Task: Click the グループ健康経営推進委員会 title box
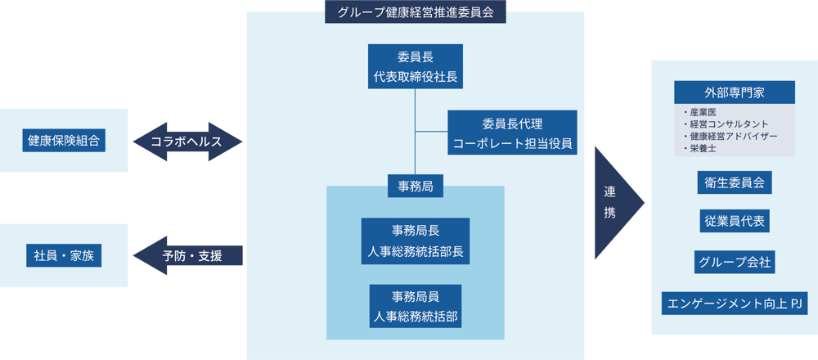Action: (416, 12)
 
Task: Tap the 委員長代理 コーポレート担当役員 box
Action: (513, 133)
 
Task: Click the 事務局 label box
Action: (416, 187)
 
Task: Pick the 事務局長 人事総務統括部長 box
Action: (416, 241)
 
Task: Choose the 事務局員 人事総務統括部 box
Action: (416, 306)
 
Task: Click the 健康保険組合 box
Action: (64, 141)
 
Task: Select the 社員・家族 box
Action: (64, 255)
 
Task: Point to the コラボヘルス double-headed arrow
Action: (187, 142)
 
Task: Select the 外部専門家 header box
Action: (734, 92)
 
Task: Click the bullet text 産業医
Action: (703, 112)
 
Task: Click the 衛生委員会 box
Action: (734, 182)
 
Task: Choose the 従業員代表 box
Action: (734, 222)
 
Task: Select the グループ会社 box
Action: (734, 263)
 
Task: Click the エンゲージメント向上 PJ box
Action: (734, 304)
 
